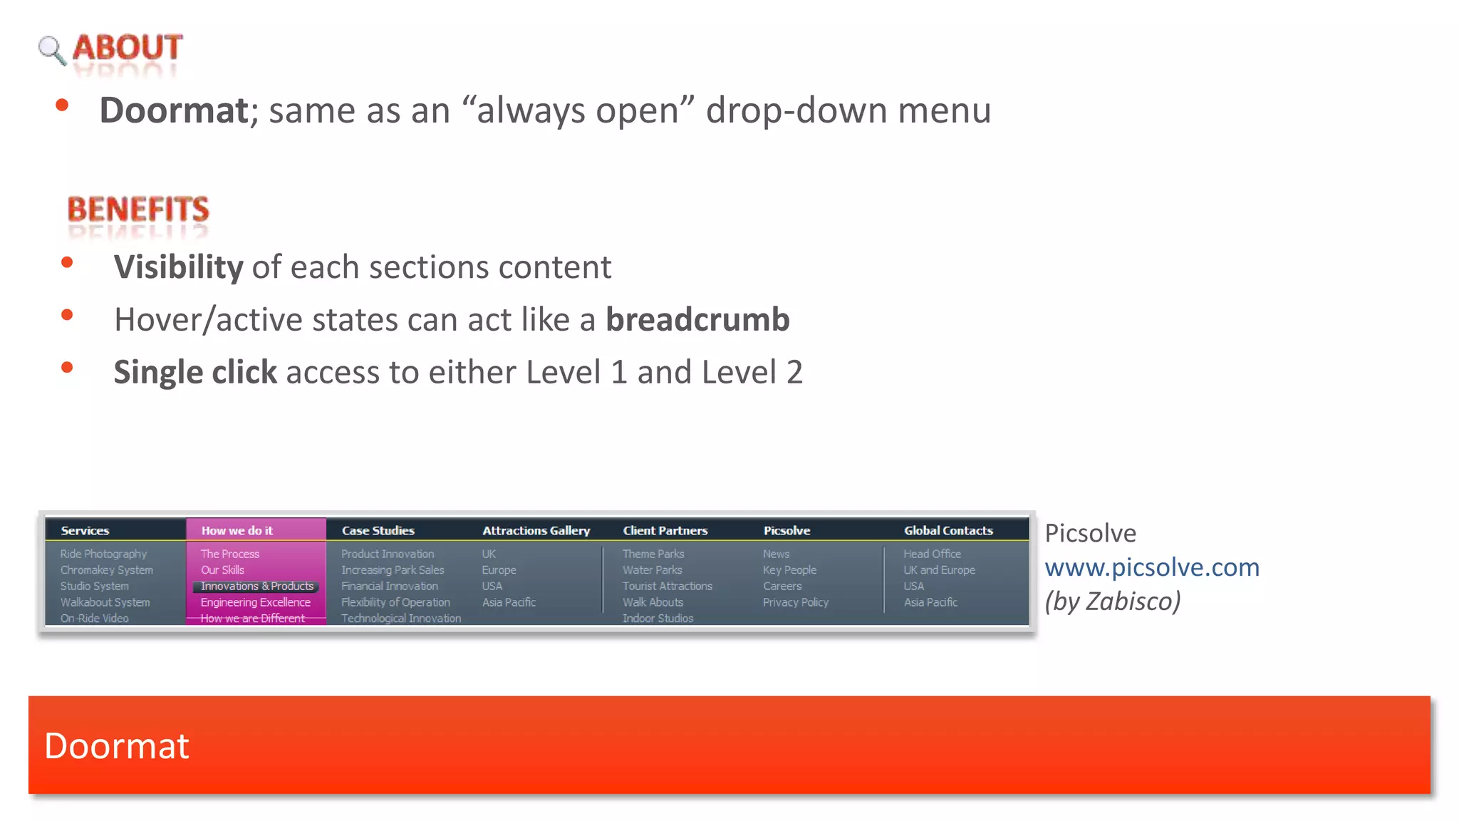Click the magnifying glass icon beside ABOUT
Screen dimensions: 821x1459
(51, 50)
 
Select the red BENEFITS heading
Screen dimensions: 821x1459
(137, 210)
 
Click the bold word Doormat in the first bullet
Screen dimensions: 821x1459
(173, 110)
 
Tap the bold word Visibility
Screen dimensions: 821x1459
(178, 267)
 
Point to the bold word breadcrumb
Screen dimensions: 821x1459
(697, 319)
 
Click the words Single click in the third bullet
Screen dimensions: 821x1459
(194, 372)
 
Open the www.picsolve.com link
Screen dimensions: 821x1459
(1151, 567)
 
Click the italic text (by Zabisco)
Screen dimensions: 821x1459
(1112, 601)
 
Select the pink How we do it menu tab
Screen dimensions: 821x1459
(237, 530)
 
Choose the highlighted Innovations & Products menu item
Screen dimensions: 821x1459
(256, 586)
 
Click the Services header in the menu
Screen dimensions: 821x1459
(85, 530)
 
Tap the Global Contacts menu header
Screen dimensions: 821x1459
(947, 530)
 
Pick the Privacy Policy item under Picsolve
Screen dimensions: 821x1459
(795, 602)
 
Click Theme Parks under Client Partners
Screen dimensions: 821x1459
(653, 554)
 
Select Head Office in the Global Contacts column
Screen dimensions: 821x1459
(932, 554)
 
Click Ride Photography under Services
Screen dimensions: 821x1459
(103, 554)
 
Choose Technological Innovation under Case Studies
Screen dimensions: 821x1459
(400, 618)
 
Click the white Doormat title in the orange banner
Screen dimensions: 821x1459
(117, 745)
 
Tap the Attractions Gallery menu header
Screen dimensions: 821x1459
(536, 530)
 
